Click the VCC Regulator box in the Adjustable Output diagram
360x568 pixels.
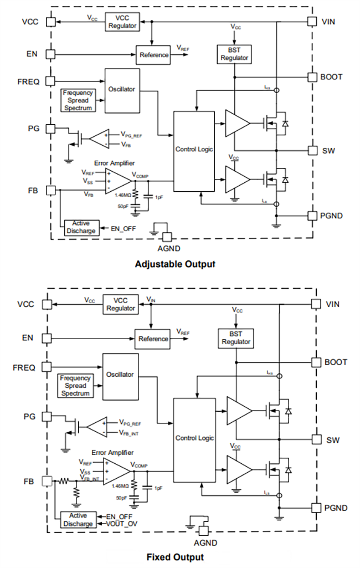click(121, 22)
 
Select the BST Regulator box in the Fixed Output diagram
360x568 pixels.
click(236, 337)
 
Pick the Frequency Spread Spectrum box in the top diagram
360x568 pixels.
click(78, 100)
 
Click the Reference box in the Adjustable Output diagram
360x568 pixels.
click(154, 54)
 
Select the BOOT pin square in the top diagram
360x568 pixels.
click(313, 76)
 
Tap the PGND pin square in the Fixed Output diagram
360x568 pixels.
click(315, 508)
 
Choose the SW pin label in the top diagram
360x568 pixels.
click(328, 151)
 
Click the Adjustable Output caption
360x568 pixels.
click(174, 264)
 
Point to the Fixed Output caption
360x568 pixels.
click(175, 557)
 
